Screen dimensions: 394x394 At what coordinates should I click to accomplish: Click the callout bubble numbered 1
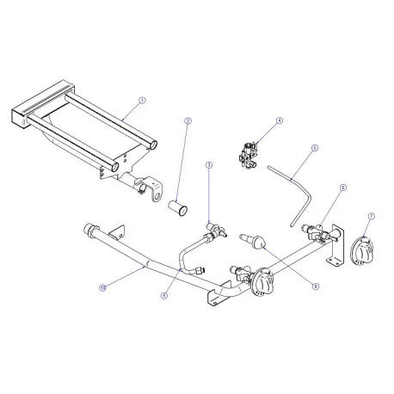pyautogui.click(x=142, y=100)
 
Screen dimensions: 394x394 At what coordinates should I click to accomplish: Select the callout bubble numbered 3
pyautogui.click(x=208, y=164)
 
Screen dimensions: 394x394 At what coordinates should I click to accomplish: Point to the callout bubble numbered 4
pyautogui.click(x=279, y=121)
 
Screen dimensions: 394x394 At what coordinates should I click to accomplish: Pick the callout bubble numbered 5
pyautogui.click(x=315, y=148)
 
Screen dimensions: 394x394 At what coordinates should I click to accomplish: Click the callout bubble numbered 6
pyautogui.click(x=342, y=187)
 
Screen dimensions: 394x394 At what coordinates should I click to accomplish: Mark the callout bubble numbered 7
pyautogui.click(x=370, y=217)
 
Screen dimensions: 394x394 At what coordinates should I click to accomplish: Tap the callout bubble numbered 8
pyautogui.click(x=316, y=286)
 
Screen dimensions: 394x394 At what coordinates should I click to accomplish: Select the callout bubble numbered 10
pyautogui.click(x=102, y=287)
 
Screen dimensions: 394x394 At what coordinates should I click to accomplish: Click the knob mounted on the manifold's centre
pyautogui.click(x=262, y=286)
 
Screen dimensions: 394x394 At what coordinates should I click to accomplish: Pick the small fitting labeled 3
pyautogui.click(x=214, y=229)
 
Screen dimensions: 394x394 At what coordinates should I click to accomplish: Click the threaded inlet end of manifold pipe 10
pyautogui.click(x=89, y=231)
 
